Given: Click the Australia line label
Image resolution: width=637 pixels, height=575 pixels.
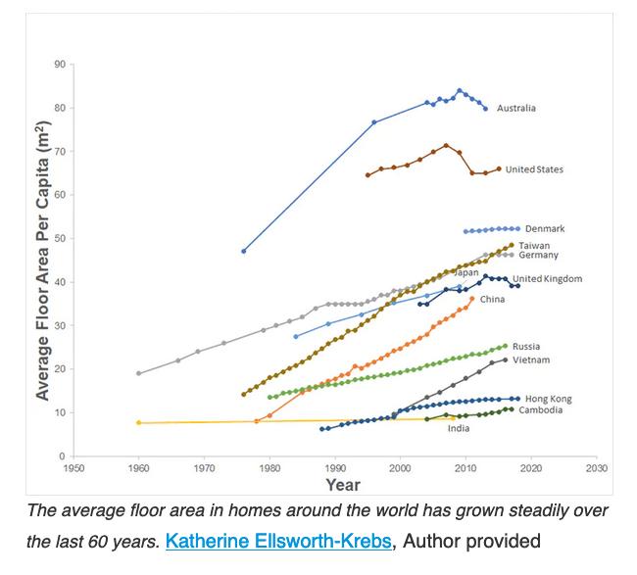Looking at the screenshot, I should [516, 108].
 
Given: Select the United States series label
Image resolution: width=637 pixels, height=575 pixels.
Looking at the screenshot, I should [534, 169].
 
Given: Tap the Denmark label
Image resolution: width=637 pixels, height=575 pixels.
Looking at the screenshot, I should [545, 229].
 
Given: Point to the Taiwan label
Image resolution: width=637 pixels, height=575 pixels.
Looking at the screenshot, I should [534, 245].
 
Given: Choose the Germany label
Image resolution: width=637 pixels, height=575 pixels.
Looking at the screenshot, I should [538, 255].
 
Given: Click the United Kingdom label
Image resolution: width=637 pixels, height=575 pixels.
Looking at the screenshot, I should [547, 279].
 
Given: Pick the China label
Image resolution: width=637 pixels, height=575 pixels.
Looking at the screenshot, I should [492, 299].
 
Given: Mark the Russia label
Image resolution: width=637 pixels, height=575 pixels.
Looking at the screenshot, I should [525, 347].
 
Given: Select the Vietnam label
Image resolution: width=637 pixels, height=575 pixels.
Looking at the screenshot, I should [531, 360].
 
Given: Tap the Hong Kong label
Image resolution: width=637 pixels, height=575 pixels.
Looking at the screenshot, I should [548, 400].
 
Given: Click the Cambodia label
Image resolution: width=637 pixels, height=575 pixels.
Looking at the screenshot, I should [540, 410].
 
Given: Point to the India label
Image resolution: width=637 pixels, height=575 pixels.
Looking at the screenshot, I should [458, 428].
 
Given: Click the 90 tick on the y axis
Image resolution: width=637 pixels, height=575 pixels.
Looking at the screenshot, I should [60, 65].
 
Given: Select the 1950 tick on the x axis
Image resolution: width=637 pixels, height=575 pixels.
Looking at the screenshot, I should [73, 468].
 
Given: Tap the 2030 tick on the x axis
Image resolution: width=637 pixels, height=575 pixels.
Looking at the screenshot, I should [596, 468].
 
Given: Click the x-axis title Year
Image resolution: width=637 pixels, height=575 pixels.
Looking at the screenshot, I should [343, 485].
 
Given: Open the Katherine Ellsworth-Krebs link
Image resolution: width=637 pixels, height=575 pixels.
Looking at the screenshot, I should [281, 540].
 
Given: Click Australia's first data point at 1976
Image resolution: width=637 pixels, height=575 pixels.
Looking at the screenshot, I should [243, 251].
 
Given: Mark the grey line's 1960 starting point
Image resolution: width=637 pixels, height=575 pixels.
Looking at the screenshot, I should [138, 373].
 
